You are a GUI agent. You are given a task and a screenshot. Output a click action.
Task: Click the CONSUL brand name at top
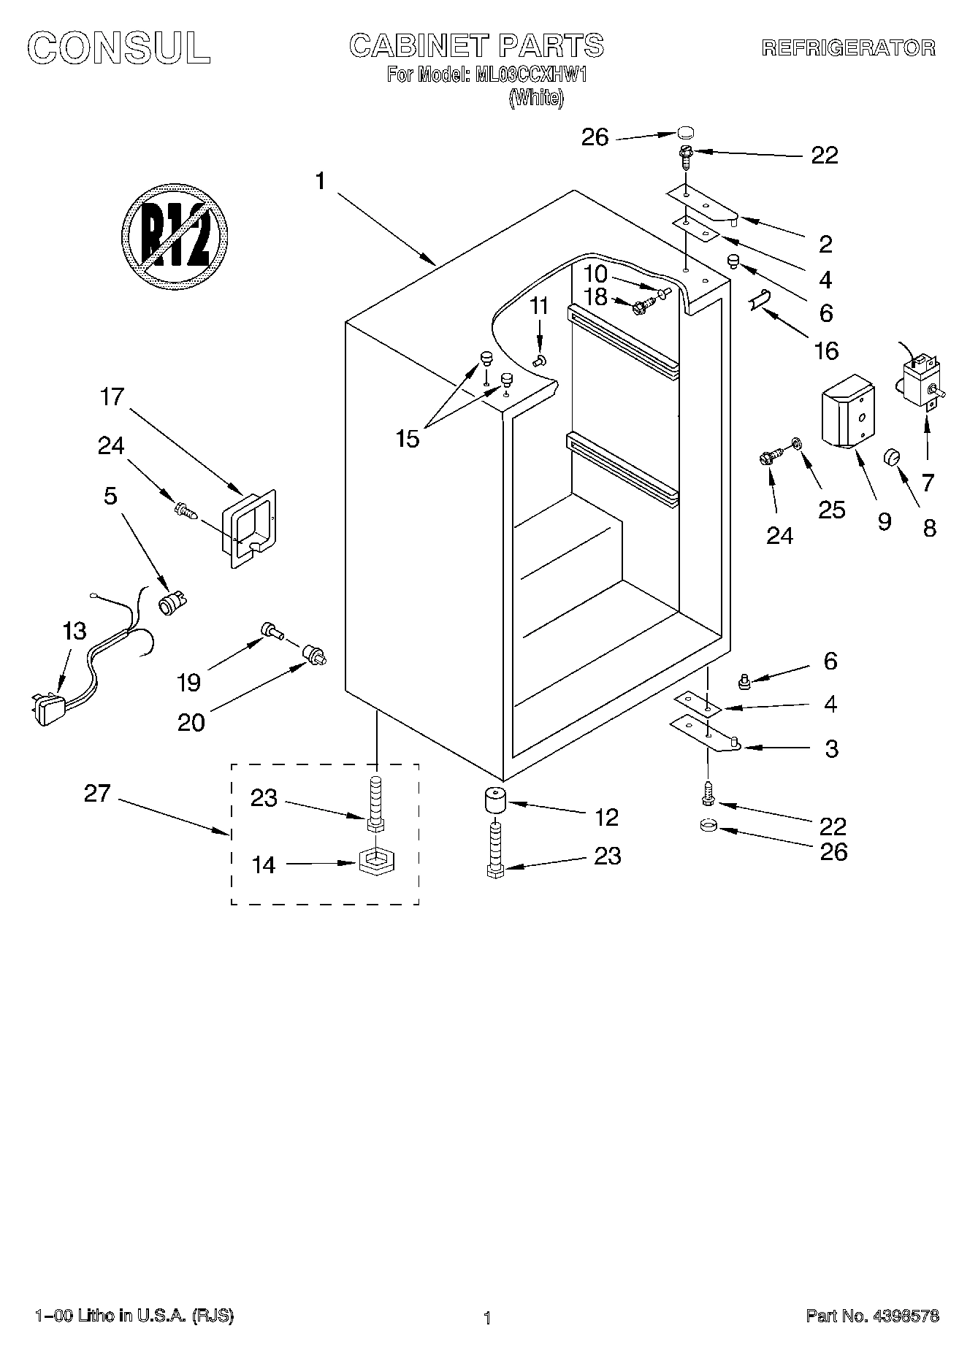120,48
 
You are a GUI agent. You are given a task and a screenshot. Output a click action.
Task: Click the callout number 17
112,397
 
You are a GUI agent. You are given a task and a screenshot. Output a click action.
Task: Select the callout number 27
96,794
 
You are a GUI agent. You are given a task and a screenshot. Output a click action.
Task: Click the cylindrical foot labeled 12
495,802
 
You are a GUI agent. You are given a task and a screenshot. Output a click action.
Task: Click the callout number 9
884,521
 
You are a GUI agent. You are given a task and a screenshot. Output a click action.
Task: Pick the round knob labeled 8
893,457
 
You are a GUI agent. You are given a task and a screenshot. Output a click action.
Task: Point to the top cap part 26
684,132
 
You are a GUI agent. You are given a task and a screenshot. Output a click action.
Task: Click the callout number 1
320,180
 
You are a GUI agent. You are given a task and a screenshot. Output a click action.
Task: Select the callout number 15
408,439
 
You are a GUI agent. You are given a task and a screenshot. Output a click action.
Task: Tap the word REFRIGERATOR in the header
848,48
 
